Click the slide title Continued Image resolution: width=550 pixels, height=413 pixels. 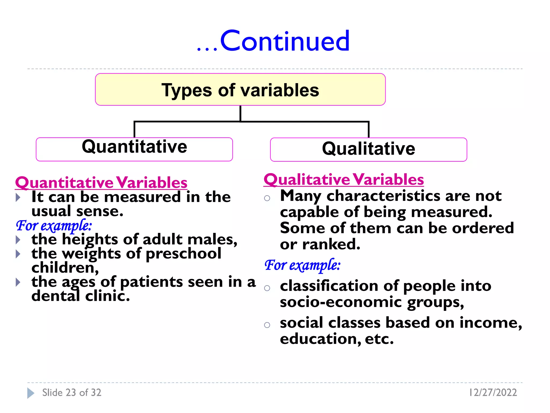point(285,41)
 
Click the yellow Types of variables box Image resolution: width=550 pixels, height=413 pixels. point(240,90)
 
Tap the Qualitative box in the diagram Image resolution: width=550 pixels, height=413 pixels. point(368,149)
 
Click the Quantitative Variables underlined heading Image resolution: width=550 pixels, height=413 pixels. point(101,183)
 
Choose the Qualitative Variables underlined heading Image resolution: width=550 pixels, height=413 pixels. point(343,179)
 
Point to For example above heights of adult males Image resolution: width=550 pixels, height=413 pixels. point(54,225)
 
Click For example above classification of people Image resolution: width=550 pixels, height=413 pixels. point(302,265)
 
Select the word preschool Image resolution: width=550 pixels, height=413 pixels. point(183,254)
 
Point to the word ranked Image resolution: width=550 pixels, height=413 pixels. point(331,244)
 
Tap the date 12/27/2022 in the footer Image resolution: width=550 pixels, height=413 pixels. point(493,393)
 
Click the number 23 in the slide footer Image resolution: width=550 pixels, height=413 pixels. point(71,393)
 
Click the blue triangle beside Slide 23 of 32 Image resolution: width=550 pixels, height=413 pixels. point(30,393)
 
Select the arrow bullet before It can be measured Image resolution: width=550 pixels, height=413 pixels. point(18,197)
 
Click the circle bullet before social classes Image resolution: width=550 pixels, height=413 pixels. point(267,325)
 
